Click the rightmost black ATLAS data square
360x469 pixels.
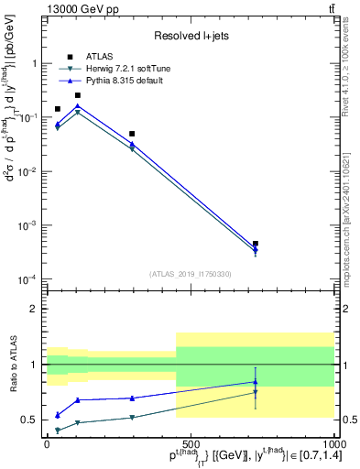255,244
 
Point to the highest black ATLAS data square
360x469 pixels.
78,95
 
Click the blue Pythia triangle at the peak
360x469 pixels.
78,106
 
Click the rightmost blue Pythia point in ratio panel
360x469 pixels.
255,382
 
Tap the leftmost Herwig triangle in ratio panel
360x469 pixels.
58,430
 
